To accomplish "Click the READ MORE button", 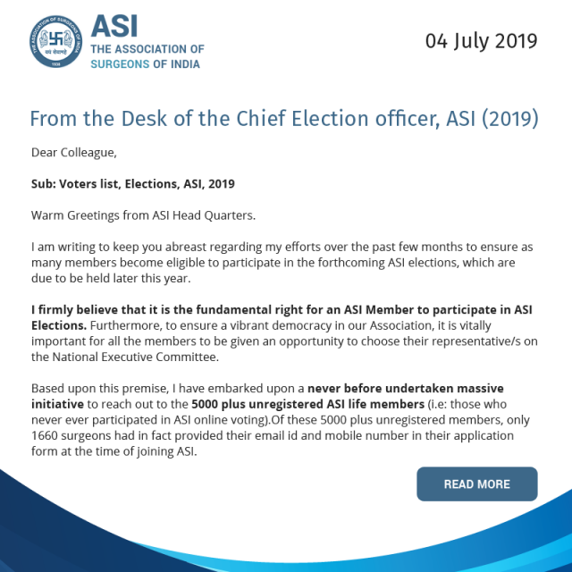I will pos(476,484).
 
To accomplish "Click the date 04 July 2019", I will pos(481,40).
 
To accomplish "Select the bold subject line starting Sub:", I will pos(132,184).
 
